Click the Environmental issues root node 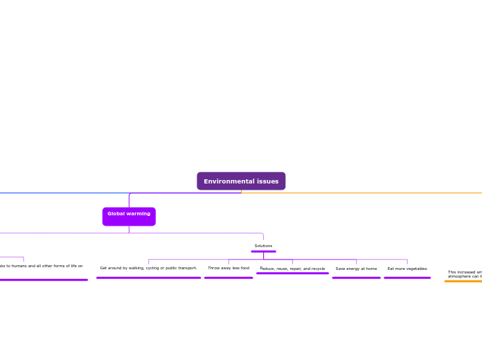point(241,181)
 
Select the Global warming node point(129,216)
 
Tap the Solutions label point(263,246)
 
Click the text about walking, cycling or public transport point(148,268)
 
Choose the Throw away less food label point(229,268)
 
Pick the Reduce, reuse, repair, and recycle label point(292,269)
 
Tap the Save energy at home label point(356,269)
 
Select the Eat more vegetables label point(407,269)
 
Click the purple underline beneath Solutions point(263,251)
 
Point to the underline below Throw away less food point(229,278)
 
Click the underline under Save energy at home point(356,278)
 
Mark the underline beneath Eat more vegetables point(407,278)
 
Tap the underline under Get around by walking point(148,278)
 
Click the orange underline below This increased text point(463,281)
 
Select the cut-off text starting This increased point(465,274)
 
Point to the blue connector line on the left point(55,192)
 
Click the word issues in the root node point(265,181)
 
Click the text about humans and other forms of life point(42,266)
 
